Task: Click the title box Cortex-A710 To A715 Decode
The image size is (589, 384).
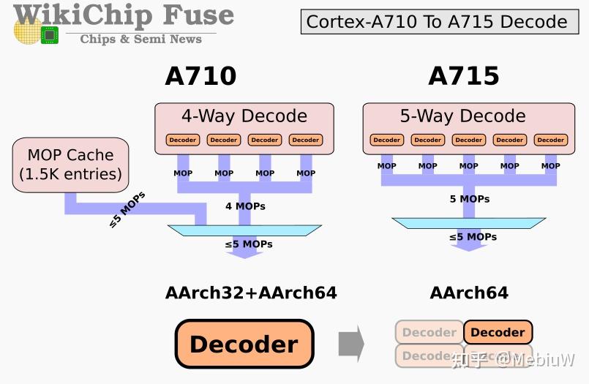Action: pos(437,22)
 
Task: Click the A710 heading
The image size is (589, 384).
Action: pos(200,77)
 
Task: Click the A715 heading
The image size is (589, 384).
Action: pos(464,77)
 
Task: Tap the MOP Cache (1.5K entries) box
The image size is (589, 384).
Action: pos(70,165)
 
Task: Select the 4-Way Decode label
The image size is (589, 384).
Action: pos(244,116)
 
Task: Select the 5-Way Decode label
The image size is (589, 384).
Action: pos(462,116)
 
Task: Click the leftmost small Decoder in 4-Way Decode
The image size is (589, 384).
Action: pos(183,140)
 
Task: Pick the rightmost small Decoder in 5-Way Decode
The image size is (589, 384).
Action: pos(551,140)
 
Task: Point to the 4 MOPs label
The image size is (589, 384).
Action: pos(245,206)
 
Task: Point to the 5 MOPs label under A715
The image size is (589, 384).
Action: pos(470,199)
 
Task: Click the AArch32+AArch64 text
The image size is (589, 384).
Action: pos(251,293)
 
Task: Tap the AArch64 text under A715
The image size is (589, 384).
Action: pos(469,293)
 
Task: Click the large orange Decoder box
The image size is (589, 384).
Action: pos(244,344)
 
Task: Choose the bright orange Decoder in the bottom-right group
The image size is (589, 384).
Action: pos(498,332)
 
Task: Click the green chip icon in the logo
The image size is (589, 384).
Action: pos(50,34)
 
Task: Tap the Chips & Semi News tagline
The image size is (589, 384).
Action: pos(140,39)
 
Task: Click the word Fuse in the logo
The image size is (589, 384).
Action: pos(199,15)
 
